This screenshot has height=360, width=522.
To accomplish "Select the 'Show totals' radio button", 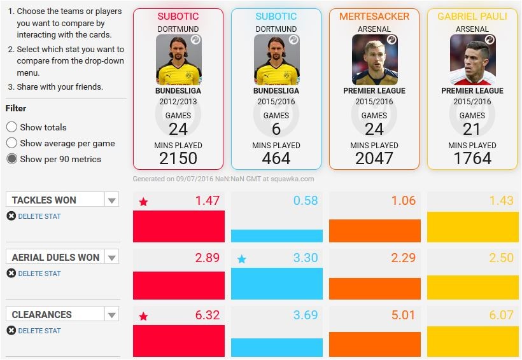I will point(11,127).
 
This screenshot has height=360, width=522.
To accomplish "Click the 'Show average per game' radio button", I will point(11,143).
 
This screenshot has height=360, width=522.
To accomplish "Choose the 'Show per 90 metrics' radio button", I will point(11,159).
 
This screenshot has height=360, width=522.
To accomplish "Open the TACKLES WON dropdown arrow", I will point(112,200).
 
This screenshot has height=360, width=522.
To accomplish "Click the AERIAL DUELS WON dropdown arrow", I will point(112,258).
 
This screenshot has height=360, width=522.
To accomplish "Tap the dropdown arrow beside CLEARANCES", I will point(112,315).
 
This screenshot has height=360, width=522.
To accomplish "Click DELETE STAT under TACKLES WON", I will point(39,216).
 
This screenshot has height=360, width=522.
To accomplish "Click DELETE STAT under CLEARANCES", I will point(39,331).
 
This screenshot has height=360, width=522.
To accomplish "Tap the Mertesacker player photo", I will point(374,59).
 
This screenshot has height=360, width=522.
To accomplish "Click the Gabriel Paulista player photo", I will point(472,59).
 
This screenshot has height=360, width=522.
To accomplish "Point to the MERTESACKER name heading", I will point(374,17).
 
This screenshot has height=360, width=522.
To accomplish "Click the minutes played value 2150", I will point(178,158).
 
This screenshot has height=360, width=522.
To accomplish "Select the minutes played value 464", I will point(276,158).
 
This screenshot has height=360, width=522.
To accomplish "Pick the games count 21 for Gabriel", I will point(472,129).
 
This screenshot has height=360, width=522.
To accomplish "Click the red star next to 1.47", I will point(143,202).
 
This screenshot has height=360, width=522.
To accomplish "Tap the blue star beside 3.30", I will point(241,260).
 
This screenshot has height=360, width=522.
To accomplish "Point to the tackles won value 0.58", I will point(305,201).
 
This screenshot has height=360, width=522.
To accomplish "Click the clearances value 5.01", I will point(403,315).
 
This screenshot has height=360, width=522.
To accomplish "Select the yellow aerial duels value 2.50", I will point(501,258).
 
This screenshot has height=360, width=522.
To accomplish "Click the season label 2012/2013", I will point(178,102).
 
